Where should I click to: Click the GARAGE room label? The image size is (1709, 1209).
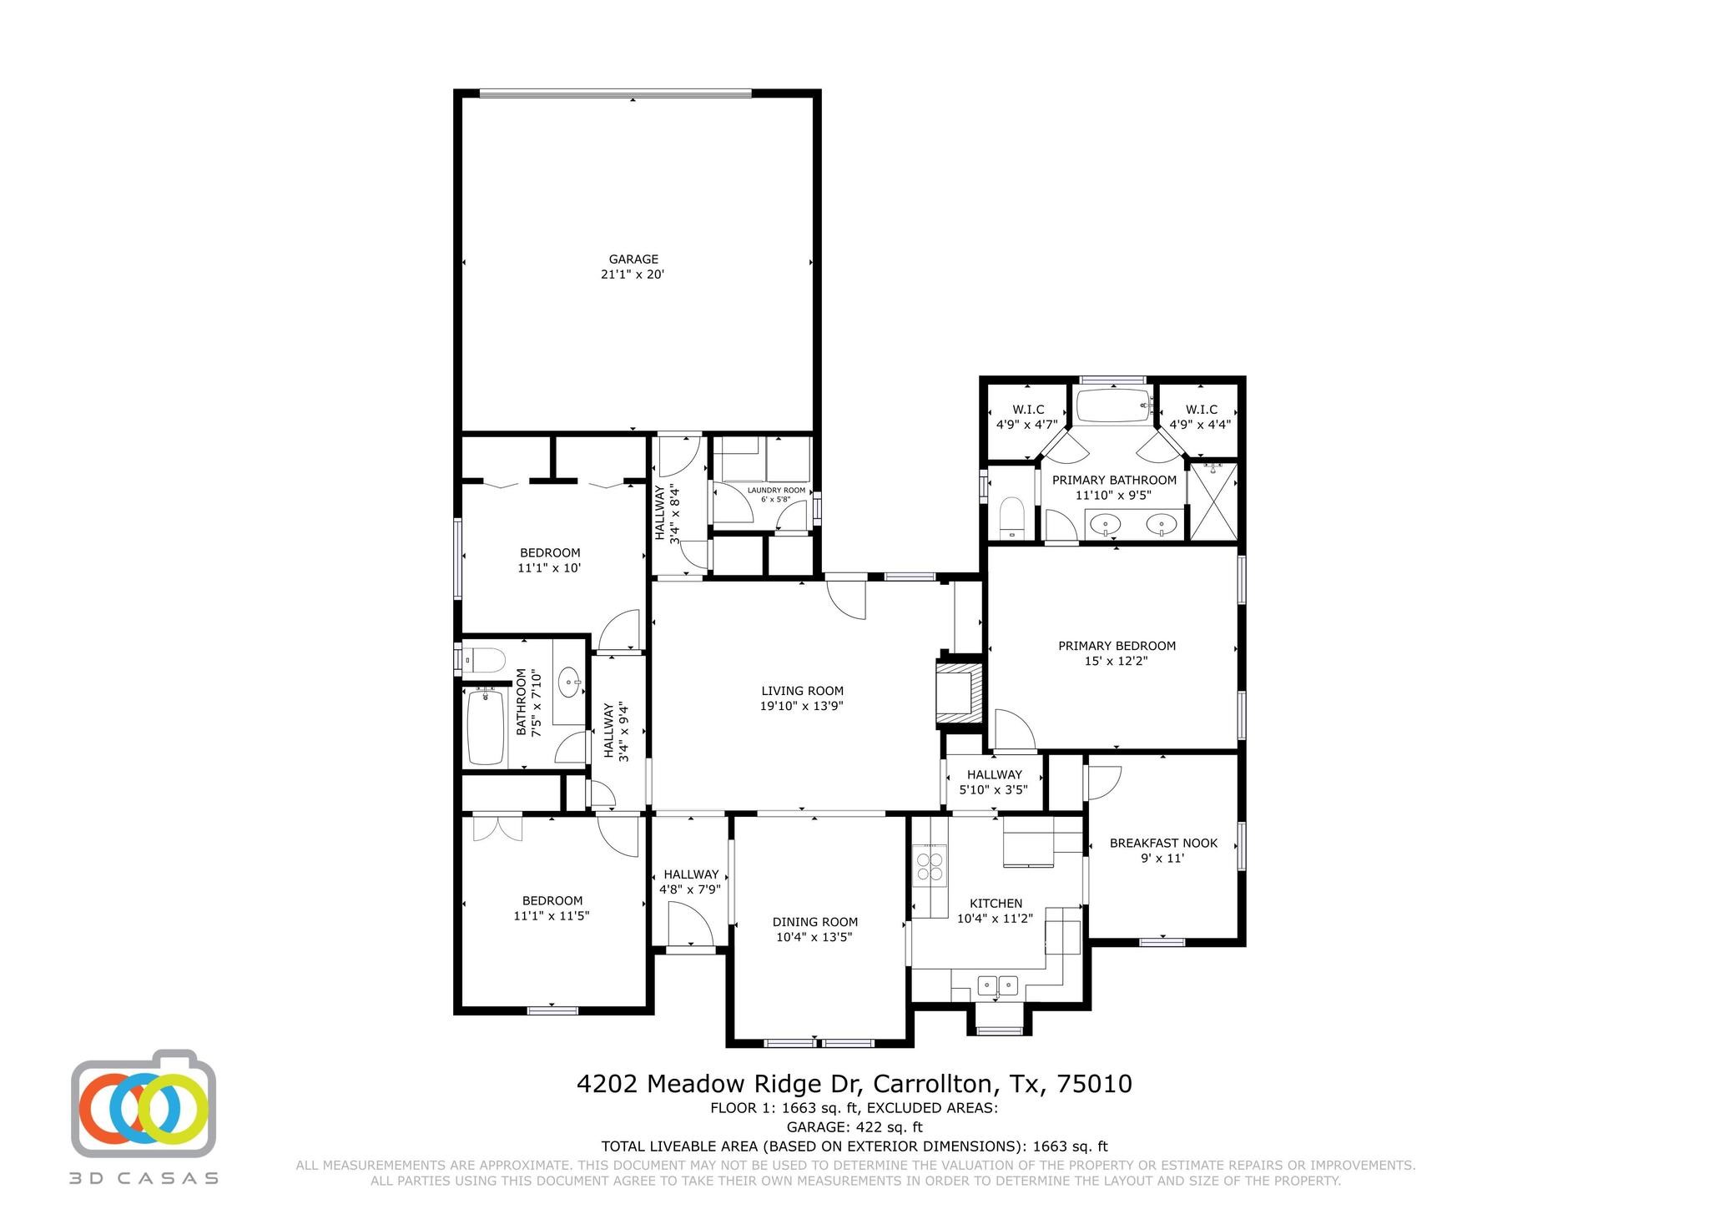point(633,259)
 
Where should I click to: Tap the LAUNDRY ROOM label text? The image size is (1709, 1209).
point(776,491)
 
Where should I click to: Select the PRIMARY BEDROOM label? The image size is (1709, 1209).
point(1117,646)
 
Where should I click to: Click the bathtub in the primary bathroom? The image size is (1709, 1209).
point(1113,406)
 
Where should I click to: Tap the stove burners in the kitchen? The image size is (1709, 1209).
point(930,865)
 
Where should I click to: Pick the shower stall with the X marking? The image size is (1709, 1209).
point(1212,501)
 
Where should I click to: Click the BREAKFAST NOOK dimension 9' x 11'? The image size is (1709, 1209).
point(1162,858)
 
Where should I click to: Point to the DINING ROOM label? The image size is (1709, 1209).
point(814,922)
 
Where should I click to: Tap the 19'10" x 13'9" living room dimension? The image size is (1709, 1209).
point(802,706)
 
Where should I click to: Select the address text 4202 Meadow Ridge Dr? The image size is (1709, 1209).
point(723,1084)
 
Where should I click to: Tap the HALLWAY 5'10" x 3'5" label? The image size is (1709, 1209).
point(994,782)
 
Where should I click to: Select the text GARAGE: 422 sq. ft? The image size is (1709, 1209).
point(854,1127)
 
